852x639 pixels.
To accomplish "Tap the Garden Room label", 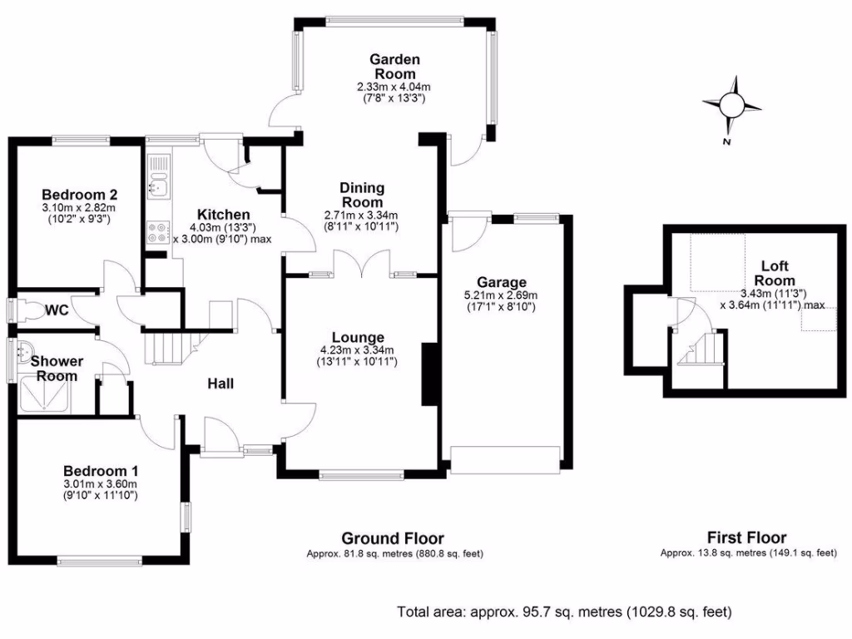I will click(x=394, y=66).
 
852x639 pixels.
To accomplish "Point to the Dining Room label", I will click(x=361, y=195).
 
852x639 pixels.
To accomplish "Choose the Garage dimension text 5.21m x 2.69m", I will click(x=499, y=295).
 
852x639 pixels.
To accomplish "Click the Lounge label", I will click(x=358, y=337).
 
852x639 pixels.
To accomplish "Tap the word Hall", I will click(x=220, y=384).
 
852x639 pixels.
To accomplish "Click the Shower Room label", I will click(x=57, y=369).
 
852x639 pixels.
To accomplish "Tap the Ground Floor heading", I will click(x=394, y=538).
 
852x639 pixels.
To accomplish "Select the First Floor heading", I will click(x=746, y=537).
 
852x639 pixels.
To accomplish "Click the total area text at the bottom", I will click(x=565, y=612).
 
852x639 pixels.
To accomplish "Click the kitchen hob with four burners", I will click(x=157, y=232).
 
